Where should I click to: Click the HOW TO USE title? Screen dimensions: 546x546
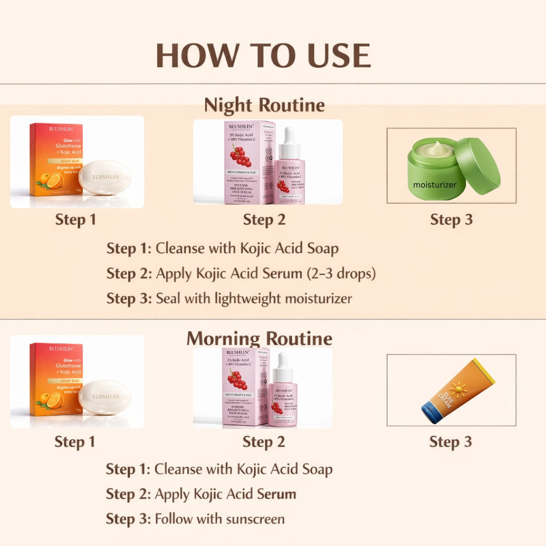point(263,55)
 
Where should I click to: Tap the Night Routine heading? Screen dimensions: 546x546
point(264,105)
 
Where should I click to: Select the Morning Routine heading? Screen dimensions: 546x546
point(259,338)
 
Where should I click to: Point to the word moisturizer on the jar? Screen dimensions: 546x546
point(435,185)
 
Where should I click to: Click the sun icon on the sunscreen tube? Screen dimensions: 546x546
point(458,389)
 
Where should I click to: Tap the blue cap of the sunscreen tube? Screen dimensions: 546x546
point(432,412)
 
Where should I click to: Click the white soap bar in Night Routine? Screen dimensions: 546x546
point(105,177)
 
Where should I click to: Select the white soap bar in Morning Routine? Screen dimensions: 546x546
point(105,397)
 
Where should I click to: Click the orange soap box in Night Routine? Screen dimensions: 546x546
point(56,159)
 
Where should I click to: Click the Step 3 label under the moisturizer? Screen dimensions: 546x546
point(451,220)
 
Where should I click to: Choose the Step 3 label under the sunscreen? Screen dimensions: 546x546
point(450,441)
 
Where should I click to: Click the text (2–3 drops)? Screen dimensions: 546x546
point(341,274)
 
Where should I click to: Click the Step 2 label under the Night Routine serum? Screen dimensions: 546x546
point(264,220)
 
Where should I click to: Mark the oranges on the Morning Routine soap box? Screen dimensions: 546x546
point(51,399)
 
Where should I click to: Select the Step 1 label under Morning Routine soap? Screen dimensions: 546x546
point(75,442)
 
